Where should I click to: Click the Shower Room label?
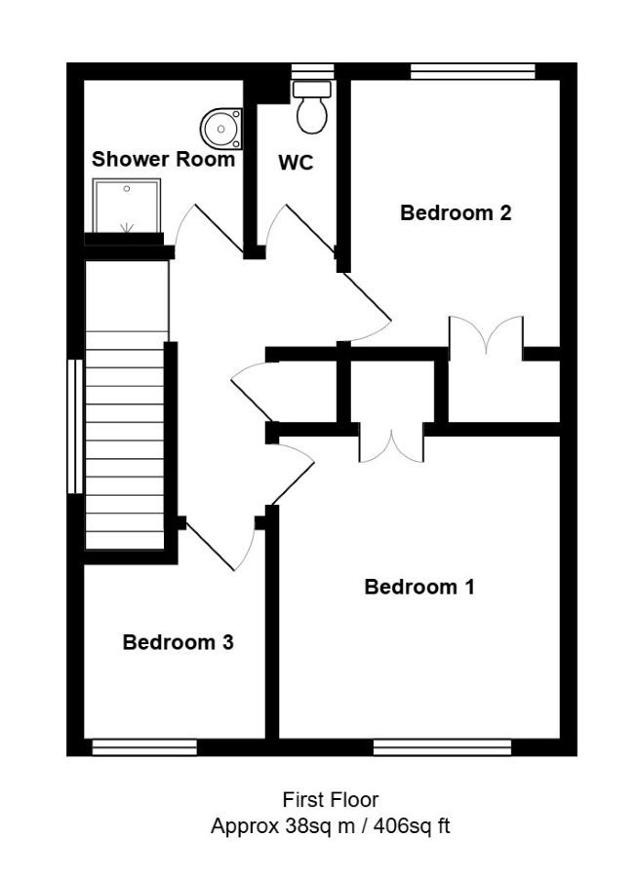tap(163, 159)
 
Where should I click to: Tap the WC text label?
tap(296, 163)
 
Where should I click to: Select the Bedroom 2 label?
tap(456, 213)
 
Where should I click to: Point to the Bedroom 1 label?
tap(419, 587)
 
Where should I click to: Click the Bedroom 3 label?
tap(179, 642)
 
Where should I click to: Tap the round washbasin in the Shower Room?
tap(221, 130)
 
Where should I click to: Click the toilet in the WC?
tap(312, 107)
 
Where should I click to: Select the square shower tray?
tap(127, 206)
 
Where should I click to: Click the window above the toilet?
tap(313, 71)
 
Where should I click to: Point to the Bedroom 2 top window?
tap(473, 71)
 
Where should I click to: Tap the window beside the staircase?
tap(75, 426)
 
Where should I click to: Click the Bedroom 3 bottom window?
tap(144, 747)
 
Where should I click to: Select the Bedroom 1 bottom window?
tap(442, 747)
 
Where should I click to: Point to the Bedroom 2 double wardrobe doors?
tap(487, 335)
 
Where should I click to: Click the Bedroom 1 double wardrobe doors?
tap(392, 443)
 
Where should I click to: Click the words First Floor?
tap(331, 800)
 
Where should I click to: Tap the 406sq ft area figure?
tap(412, 825)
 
